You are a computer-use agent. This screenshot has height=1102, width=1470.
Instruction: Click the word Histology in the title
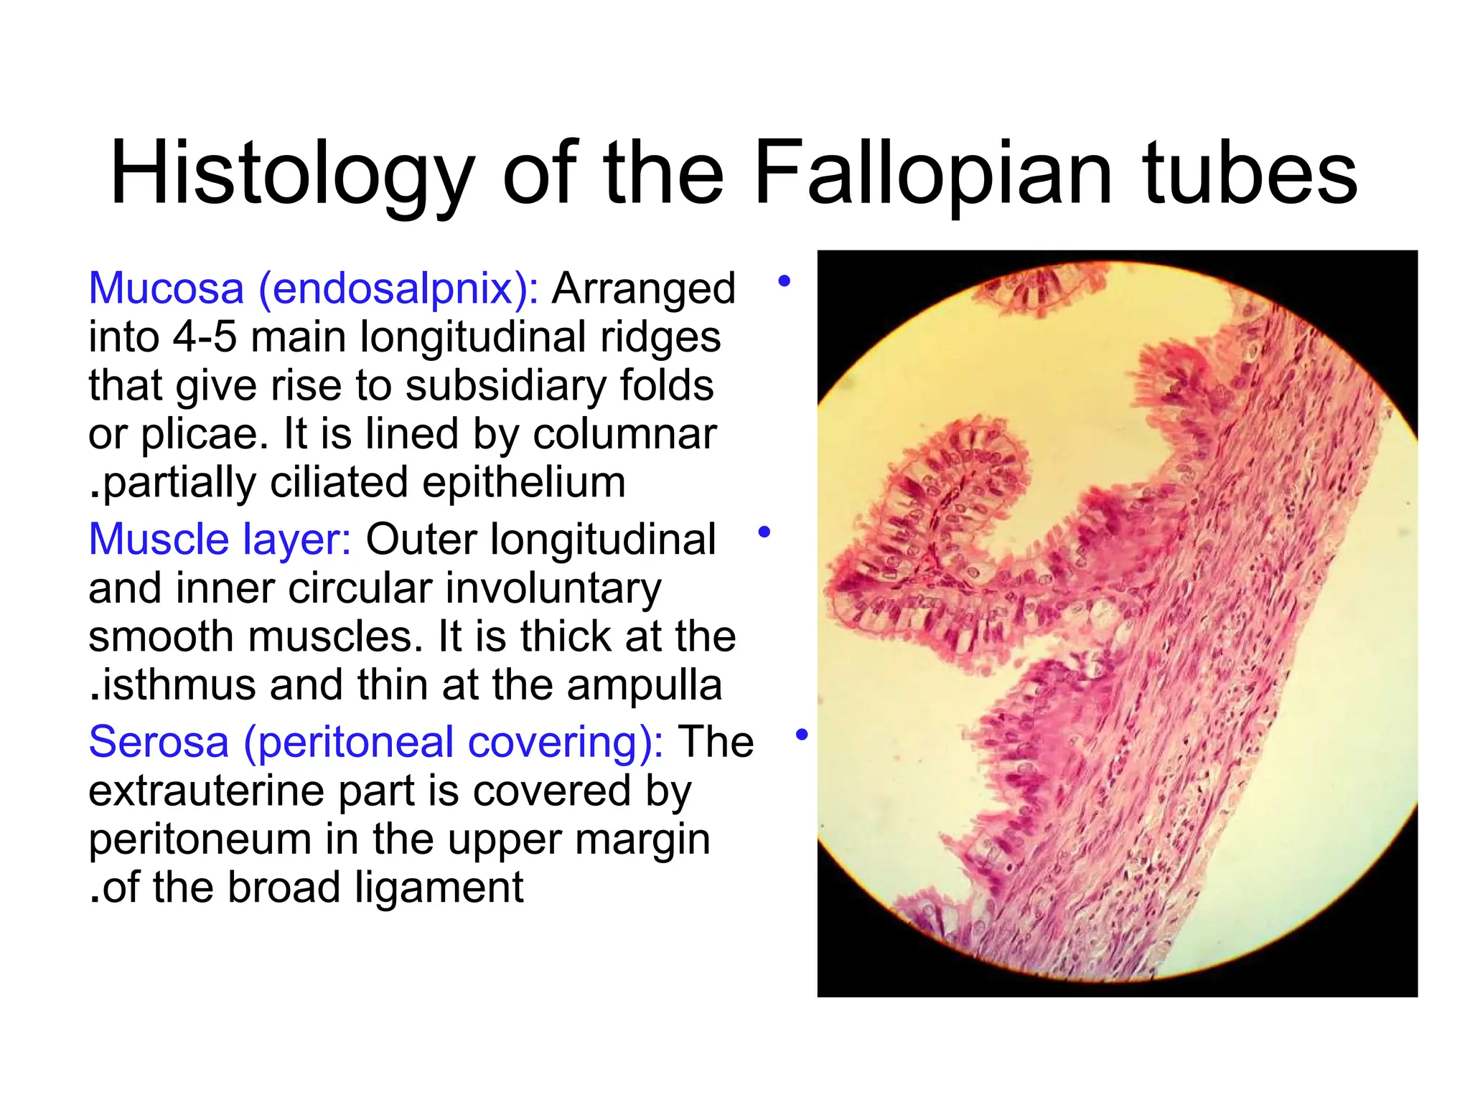click(x=291, y=175)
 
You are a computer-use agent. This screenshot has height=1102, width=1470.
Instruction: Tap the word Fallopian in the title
click(x=933, y=175)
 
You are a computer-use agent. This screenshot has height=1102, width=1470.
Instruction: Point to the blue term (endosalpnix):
click(x=398, y=288)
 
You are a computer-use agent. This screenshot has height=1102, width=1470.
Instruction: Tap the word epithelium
click(x=523, y=482)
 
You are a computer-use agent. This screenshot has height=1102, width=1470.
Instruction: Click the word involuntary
click(x=553, y=588)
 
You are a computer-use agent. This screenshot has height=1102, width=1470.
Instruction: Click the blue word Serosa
click(x=159, y=742)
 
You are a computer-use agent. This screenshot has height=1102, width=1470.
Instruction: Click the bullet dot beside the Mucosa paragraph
click(x=784, y=281)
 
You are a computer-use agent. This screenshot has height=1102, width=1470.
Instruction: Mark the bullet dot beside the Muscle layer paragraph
click(x=764, y=532)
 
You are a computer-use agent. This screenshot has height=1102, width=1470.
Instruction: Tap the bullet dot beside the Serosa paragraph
click(x=802, y=735)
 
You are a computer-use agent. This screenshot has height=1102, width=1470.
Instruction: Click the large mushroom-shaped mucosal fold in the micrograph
click(x=940, y=531)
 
